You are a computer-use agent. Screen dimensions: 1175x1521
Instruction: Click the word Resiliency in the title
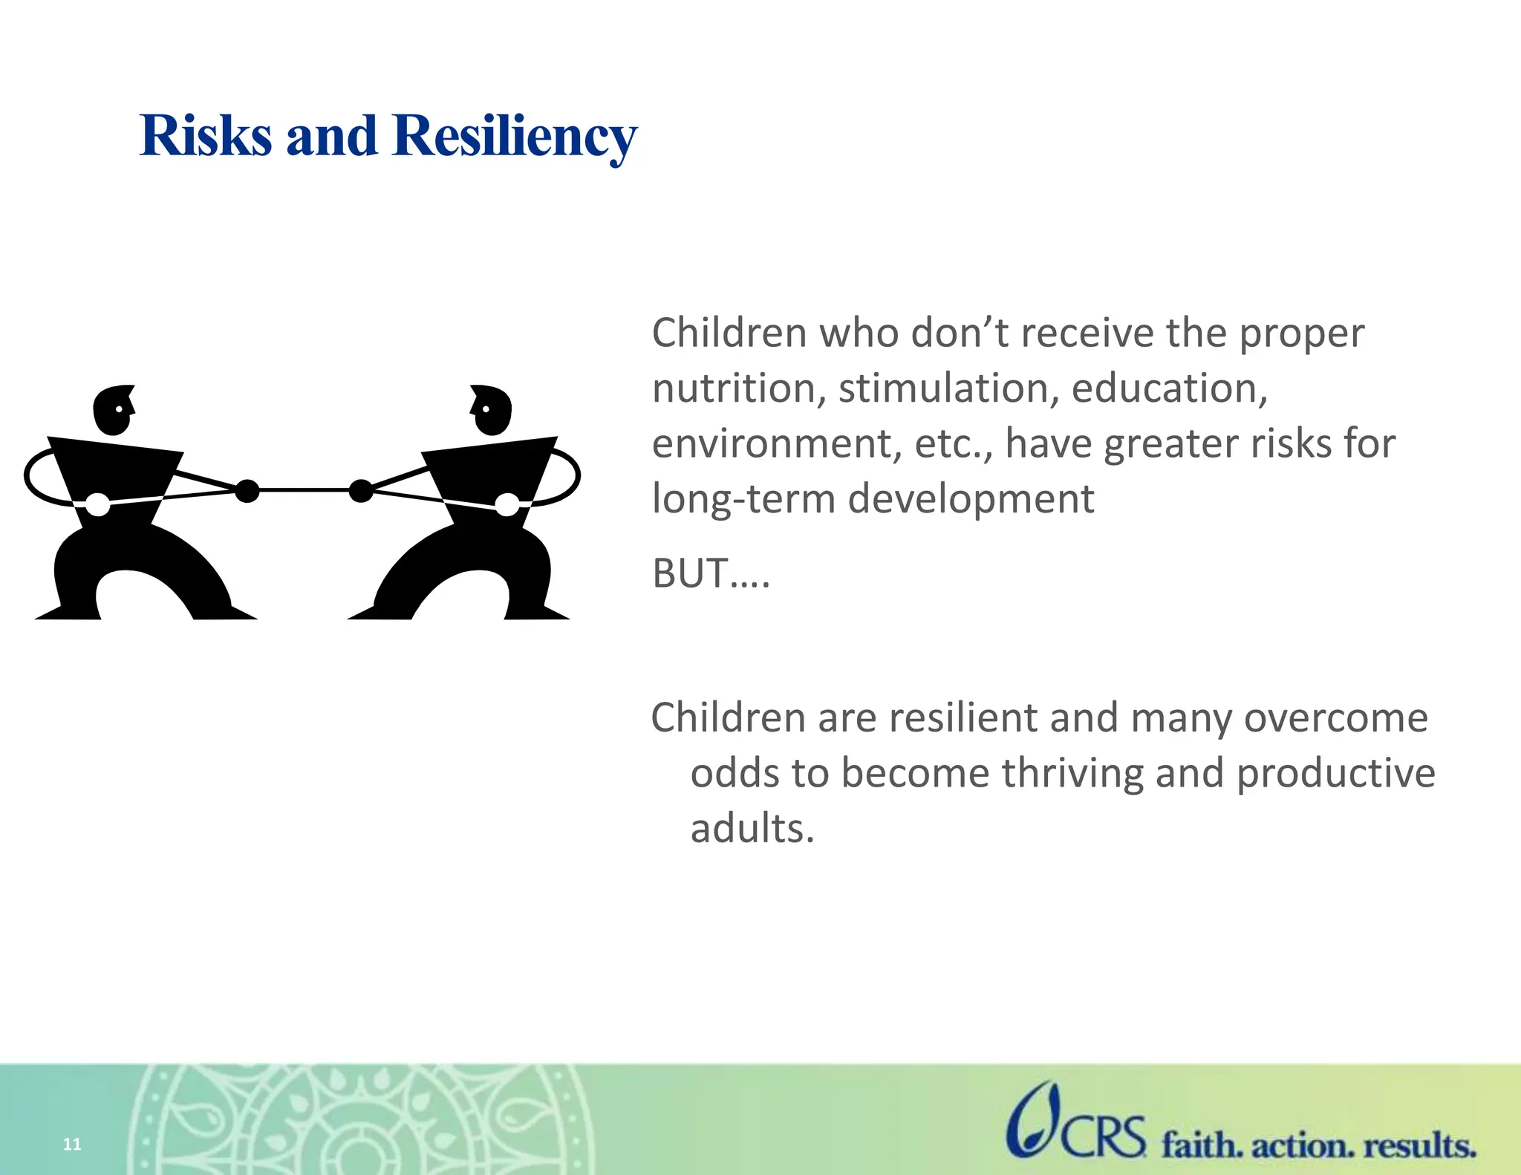click(x=514, y=138)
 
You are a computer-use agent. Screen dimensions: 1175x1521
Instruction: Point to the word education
click(x=1169, y=388)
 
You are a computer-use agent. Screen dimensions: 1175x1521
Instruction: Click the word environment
click(x=776, y=444)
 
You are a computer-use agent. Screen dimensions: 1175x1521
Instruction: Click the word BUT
click(x=690, y=573)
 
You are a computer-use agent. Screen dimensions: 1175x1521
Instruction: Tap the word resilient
click(x=962, y=718)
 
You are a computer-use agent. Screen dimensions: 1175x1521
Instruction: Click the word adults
click(x=752, y=828)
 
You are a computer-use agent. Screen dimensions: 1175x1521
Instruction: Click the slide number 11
click(x=72, y=1144)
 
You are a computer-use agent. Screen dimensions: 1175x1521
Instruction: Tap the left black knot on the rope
click(x=247, y=491)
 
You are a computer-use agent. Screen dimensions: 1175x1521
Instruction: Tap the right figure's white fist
click(x=507, y=504)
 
